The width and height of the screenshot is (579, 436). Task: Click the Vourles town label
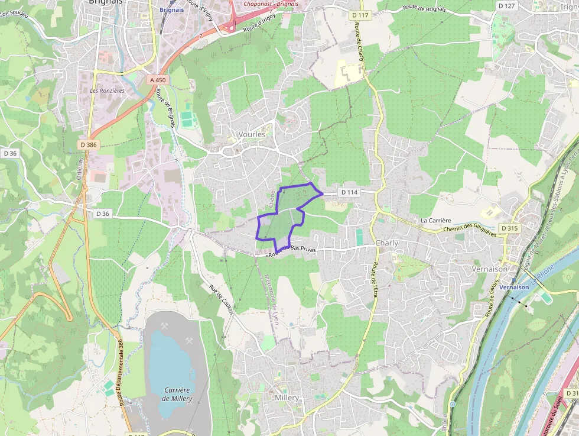tap(252, 134)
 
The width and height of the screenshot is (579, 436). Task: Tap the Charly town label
tap(387, 243)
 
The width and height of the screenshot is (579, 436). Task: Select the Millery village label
tap(287, 398)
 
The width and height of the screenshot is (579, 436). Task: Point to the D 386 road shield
tap(88, 144)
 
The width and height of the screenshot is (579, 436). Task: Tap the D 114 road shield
tap(350, 192)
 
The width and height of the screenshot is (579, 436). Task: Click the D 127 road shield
tap(506, 6)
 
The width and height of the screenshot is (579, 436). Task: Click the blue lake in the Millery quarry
tap(171, 361)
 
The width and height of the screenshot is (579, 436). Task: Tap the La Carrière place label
tap(435, 220)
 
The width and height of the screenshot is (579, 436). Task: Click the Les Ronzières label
tap(107, 91)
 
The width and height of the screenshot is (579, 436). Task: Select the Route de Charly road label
tap(359, 41)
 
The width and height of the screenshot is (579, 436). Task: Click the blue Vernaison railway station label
tap(513, 287)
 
